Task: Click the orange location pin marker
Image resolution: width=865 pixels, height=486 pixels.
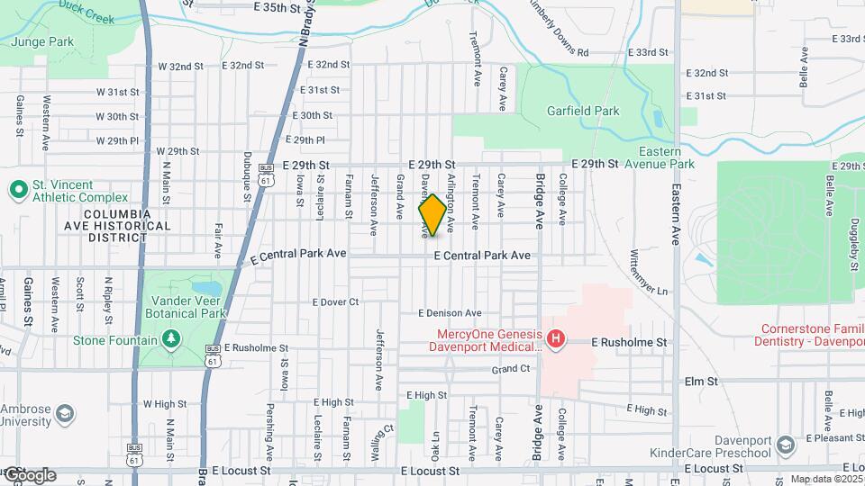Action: pos(432,216)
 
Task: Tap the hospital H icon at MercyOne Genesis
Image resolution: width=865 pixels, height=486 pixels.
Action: pos(557,339)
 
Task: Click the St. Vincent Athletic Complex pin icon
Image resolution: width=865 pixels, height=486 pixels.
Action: pos(17,190)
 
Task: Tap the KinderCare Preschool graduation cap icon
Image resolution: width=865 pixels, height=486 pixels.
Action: pos(786,445)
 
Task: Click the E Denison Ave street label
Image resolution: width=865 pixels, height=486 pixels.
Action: pos(450,313)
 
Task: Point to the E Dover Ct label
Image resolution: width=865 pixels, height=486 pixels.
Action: pos(336,302)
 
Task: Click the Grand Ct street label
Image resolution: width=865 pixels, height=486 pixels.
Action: pos(511,370)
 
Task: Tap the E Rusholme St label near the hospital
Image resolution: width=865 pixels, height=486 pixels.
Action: pos(629,343)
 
